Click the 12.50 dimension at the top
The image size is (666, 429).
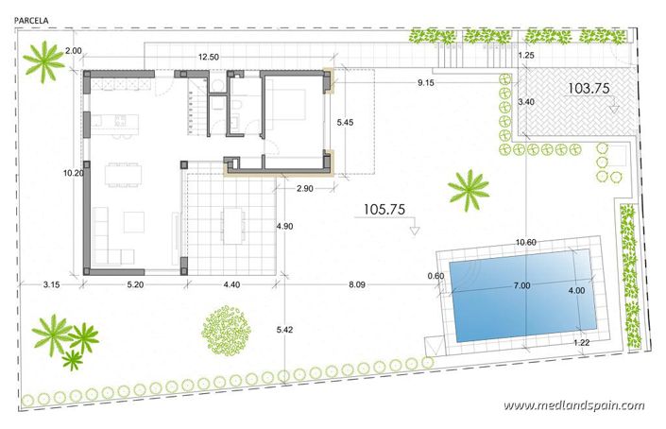[x=209, y=58]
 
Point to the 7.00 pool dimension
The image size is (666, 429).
[x=521, y=285]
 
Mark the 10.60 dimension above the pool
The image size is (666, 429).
[x=527, y=243]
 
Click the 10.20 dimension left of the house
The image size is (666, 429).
[x=71, y=173]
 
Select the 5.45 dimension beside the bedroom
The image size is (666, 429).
[x=350, y=122]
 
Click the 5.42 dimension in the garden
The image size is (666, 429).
[x=285, y=330]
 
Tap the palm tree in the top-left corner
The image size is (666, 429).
[x=43, y=63]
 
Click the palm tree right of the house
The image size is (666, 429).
[x=468, y=189]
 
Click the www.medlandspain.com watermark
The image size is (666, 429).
[x=573, y=405]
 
